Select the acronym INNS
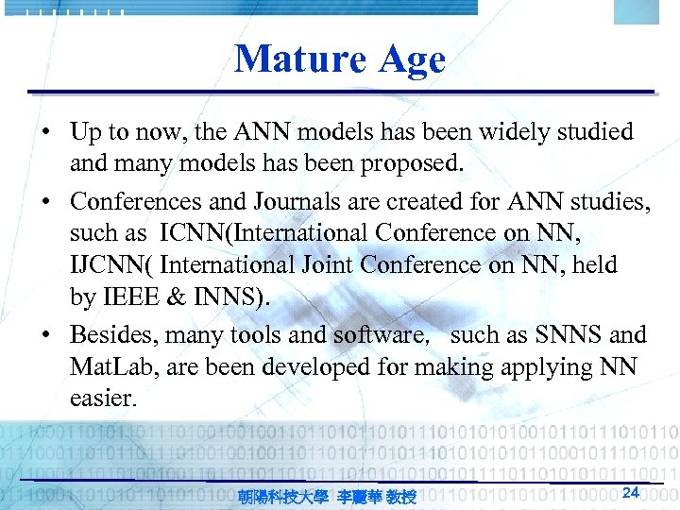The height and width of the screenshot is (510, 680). click(x=229, y=297)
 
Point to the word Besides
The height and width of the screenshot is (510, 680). click(x=109, y=334)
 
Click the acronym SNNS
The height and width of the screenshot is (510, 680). click(x=560, y=335)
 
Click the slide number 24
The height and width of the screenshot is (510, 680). click(x=632, y=492)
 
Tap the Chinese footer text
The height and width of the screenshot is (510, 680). click(x=327, y=496)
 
